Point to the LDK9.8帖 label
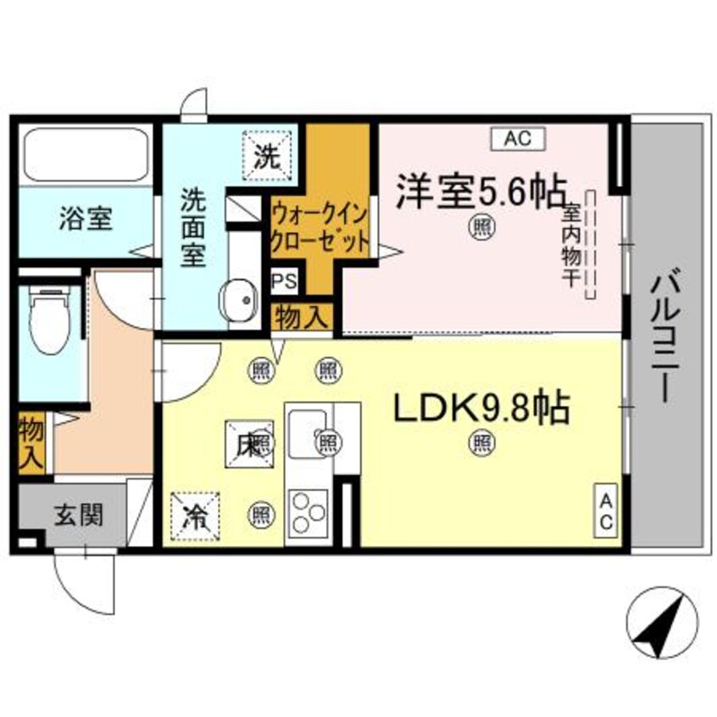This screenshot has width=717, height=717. click(x=479, y=410)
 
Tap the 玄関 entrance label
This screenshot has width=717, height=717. click(x=81, y=514)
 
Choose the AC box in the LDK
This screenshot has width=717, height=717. click(x=606, y=509)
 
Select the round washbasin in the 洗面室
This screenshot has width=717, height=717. click(x=239, y=300)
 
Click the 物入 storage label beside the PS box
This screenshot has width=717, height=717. click(x=301, y=319)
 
